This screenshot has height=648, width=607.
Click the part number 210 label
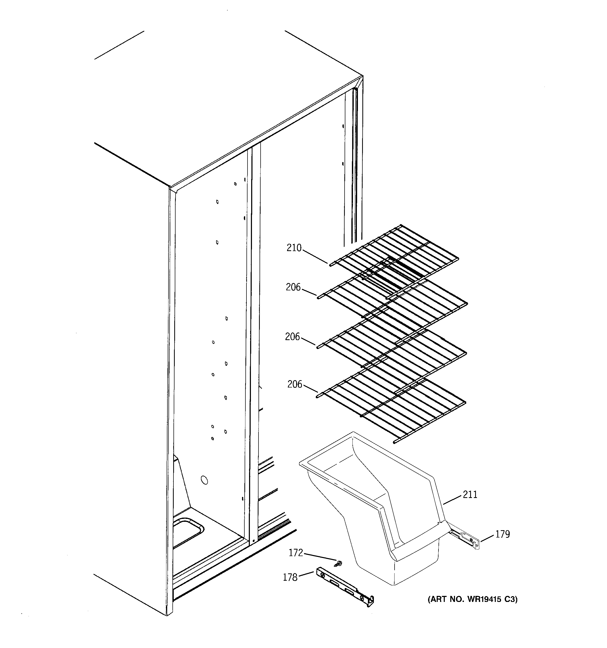[294, 248]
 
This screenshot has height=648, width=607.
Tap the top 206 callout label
[293, 287]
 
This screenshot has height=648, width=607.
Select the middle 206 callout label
[292, 337]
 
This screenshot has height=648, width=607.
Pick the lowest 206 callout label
[295, 384]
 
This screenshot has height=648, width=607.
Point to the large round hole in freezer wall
[204, 480]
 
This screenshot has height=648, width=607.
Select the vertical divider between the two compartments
[254, 326]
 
